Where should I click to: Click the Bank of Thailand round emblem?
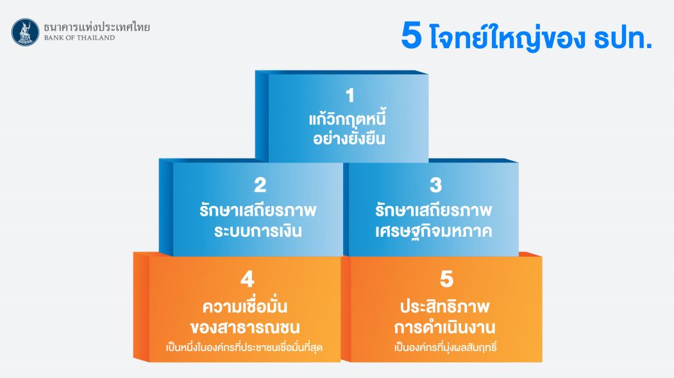point(26,32)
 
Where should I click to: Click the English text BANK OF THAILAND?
point(80,38)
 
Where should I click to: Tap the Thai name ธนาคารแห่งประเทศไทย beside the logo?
point(97,27)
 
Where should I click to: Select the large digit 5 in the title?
point(411,36)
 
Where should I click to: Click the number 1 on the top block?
point(350,96)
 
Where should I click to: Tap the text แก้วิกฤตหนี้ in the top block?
point(348,118)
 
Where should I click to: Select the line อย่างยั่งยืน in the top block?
point(349,138)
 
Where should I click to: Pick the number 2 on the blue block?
point(260,185)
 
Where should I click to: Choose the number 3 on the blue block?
point(435,185)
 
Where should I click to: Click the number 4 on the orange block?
point(248,280)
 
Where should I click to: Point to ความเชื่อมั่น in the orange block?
point(245,305)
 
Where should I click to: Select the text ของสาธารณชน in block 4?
point(245,328)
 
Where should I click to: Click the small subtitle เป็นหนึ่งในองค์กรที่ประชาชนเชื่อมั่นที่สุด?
point(244,347)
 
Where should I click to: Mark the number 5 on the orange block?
point(446,279)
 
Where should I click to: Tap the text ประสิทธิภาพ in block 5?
point(445,307)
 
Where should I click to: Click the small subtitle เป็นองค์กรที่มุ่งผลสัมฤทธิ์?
point(445,347)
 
